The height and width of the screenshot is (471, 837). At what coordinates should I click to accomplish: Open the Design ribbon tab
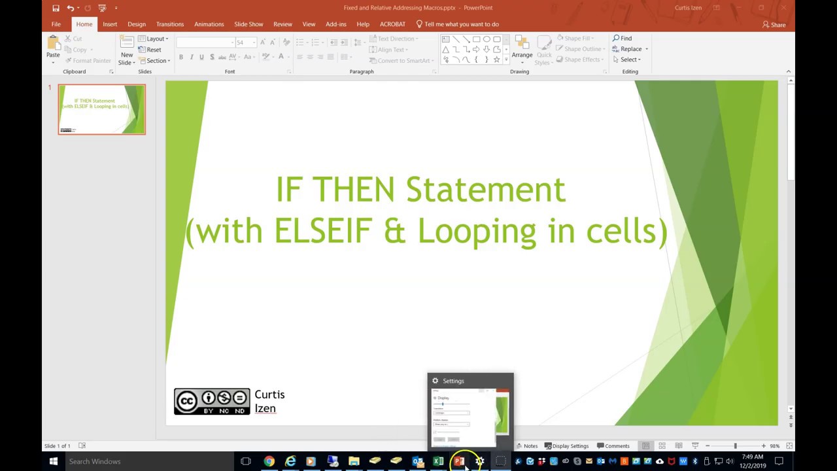[137, 24]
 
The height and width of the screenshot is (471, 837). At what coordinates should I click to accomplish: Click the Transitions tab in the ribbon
[170, 24]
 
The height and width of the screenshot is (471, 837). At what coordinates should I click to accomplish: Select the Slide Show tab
[248, 24]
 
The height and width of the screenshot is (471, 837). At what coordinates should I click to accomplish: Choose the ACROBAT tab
[392, 24]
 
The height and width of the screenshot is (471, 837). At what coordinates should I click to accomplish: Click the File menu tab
[56, 24]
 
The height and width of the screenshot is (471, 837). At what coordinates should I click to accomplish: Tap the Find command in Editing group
[623, 39]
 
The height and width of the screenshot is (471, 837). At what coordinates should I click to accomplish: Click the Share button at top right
[774, 25]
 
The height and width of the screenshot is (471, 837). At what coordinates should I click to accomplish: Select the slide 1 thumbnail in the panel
[102, 109]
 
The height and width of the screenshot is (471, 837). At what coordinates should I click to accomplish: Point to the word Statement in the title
[485, 190]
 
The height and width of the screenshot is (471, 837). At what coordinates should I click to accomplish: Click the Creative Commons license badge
[212, 401]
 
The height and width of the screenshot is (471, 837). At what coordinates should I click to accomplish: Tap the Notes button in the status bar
[526, 446]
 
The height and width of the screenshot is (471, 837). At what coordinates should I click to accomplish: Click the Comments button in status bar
[613, 446]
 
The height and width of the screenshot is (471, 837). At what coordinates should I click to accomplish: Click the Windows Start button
[54, 461]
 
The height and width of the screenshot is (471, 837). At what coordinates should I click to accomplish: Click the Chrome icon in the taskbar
[269, 461]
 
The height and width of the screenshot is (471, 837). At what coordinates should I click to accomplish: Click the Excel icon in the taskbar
[438, 461]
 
